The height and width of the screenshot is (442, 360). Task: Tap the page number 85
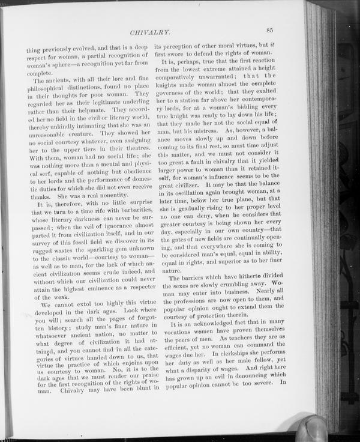tap(270, 29)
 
